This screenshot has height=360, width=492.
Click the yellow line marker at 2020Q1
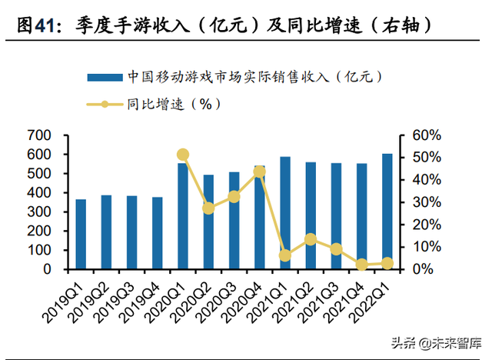(x=183, y=155)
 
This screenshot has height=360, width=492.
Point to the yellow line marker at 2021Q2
(x=311, y=239)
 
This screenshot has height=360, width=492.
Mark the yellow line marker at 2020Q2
(x=208, y=208)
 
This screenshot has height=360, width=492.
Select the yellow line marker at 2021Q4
(x=361, y=265)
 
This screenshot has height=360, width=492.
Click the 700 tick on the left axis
(x=38, y=135)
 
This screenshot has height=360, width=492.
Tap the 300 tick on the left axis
(x=38, y=212)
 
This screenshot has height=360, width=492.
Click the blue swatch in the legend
(x=105, y=77)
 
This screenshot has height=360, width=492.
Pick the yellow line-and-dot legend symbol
(x=105, y=104)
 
